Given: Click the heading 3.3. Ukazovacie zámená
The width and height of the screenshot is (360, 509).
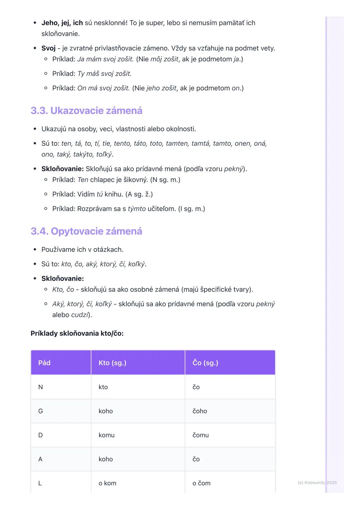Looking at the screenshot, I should (86, 111).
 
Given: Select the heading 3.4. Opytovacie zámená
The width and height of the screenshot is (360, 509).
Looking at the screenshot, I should (86, 231).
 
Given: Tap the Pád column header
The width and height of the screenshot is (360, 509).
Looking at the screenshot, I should (44, 363).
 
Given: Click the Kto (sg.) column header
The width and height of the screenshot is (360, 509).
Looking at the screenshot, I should (112, 363).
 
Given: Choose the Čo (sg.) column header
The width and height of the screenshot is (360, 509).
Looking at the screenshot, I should (205, 363).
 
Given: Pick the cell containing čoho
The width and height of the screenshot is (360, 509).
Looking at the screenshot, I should (200, 411).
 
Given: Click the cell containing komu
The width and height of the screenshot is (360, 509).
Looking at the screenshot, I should (107, 435).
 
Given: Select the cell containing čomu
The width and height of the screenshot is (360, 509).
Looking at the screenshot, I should (201, 435).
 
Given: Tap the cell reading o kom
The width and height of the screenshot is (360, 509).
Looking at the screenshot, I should (107, 483).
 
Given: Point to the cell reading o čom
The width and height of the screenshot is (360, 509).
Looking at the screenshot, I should (201, 483).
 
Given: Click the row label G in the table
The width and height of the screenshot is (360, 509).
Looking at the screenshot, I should (41, 411).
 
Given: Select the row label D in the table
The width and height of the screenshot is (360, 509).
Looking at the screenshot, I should (41, 435).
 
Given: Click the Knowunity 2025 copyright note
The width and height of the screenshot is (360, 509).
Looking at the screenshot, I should (317, 482).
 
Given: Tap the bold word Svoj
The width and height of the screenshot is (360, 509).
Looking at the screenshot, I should (48, 48).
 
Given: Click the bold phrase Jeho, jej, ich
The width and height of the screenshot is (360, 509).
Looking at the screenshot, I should (62, 23).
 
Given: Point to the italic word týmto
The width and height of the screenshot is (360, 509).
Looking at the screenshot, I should (137, 209).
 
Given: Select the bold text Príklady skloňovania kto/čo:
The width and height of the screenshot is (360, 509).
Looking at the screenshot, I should (77, 333).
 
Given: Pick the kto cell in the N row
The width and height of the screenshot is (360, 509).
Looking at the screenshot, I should (103, 387).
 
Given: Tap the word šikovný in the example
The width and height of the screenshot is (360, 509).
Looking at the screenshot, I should (135, 180).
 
